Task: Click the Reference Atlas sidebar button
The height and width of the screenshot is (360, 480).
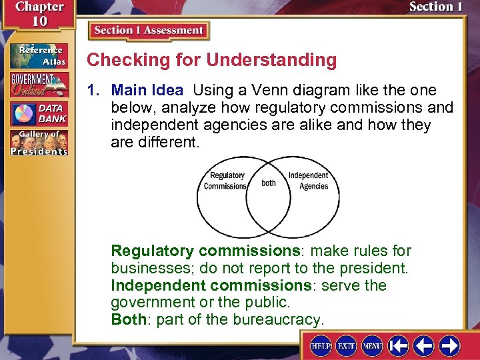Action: [x=38, y=55]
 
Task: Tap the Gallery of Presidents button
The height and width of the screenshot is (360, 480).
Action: [x=38, y=143]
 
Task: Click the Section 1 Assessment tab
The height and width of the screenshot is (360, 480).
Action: [x=149, y=31]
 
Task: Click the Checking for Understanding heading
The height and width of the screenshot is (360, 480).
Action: [x=211, y=60]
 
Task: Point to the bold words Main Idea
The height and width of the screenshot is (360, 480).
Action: [x=147, y=90]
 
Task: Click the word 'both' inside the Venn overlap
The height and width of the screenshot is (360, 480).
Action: [x=269, y=183]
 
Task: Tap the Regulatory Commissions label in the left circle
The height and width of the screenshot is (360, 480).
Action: [x=225, y=181]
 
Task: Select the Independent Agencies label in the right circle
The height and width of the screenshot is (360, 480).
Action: [x=308, y=181]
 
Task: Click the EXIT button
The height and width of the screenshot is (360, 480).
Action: [x=346, y=347]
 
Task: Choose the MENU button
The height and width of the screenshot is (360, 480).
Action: [x=371, y=347]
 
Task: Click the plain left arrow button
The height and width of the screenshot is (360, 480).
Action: [x=423, y=346]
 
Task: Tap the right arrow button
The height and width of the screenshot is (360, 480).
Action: [x=449, y=346]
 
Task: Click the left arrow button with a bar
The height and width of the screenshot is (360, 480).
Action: [x=398, y=346]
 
